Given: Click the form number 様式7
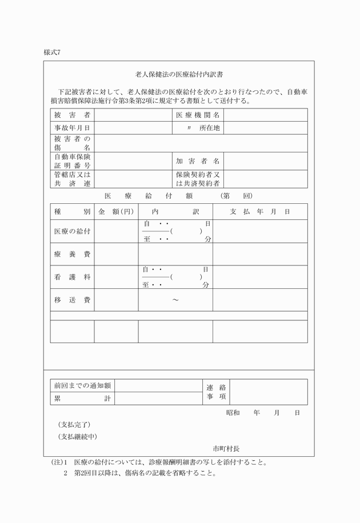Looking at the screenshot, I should [x=51, y=52].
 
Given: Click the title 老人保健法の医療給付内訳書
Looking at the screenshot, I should [x=179, y=74].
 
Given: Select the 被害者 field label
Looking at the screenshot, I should [x=72, y=115].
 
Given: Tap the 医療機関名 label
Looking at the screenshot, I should [x=198, y=115].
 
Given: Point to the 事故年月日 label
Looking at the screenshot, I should [x=72, y=128].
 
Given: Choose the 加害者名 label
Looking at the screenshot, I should [x=198, y=161].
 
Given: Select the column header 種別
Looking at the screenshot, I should [x=72, y=212].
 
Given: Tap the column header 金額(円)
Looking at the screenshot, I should [x=116, y=212].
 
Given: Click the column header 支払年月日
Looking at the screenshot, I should [x=259, y=212].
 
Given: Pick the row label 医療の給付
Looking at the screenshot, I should [x=72, y=231].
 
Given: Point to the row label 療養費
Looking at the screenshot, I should [x=72, y=254].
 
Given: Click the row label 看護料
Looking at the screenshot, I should [x=72, y=277].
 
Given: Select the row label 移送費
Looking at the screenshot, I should [x=72, y=300].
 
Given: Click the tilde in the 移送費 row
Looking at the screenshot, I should [x=175, y=300].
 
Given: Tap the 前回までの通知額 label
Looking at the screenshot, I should [x=82, y=386].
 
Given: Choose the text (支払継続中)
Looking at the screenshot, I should [x=78, y=437].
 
